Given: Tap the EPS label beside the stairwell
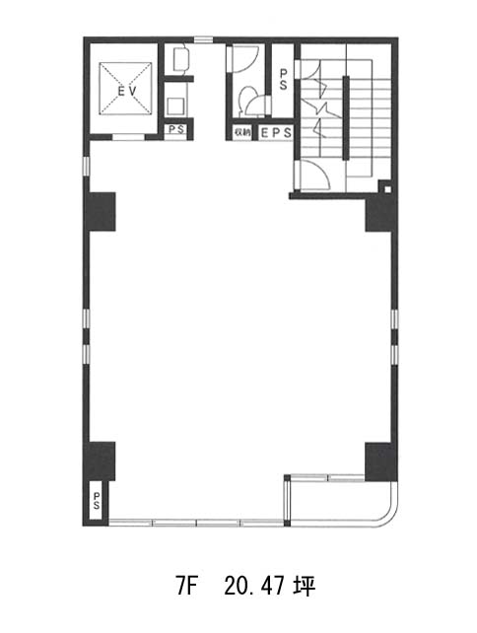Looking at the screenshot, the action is pyautogui.click(x=276, y=133).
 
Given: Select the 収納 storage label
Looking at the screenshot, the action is pyautogui.click(x=241, y=132).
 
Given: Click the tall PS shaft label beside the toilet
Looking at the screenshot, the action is pyautogui.click(x=283, y=79).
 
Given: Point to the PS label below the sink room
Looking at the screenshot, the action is pyautogui.click(x=176, y=130).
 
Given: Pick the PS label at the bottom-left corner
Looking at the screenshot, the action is pyautogui.click(x=97, y=501).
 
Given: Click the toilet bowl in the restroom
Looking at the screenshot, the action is pyautogui.click(x=245, y=101).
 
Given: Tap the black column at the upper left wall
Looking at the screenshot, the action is pyautogui.click(x=101, y=212).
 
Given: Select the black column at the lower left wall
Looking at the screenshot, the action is pyautogui.click(x=101, y=460).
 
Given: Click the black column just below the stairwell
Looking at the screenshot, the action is pyautogui.click(x=380, y=214).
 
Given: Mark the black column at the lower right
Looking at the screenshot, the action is pyautogui.click(x=380, y=461).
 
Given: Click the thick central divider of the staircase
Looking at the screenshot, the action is pyautogui.click(x=346, y=118).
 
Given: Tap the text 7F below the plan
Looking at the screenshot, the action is pyautogui.click(x=185, y=587).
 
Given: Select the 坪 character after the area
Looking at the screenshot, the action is pyautogui.click(x=305, y=587).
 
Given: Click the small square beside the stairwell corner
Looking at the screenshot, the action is pyautogui.click(x=387, y=189).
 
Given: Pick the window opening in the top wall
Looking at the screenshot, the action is pyautogui.click(x=203, y=39).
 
